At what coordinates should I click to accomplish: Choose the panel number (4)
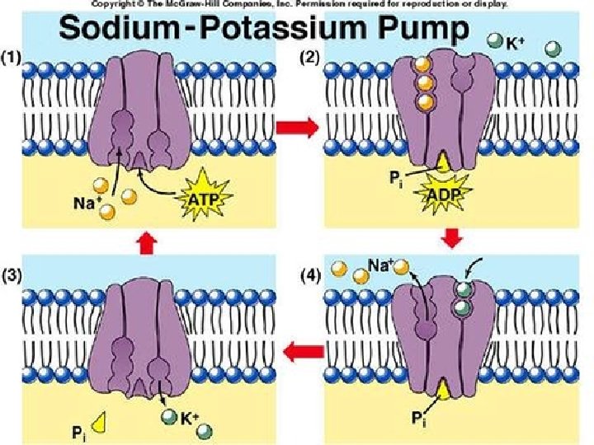tap(309, 276)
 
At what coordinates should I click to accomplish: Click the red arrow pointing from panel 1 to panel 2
tap(296, 127)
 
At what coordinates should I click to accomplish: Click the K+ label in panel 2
tap(514, 44)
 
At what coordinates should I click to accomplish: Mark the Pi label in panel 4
tap(419, 419)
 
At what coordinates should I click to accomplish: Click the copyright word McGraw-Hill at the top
tap(208, 4)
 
